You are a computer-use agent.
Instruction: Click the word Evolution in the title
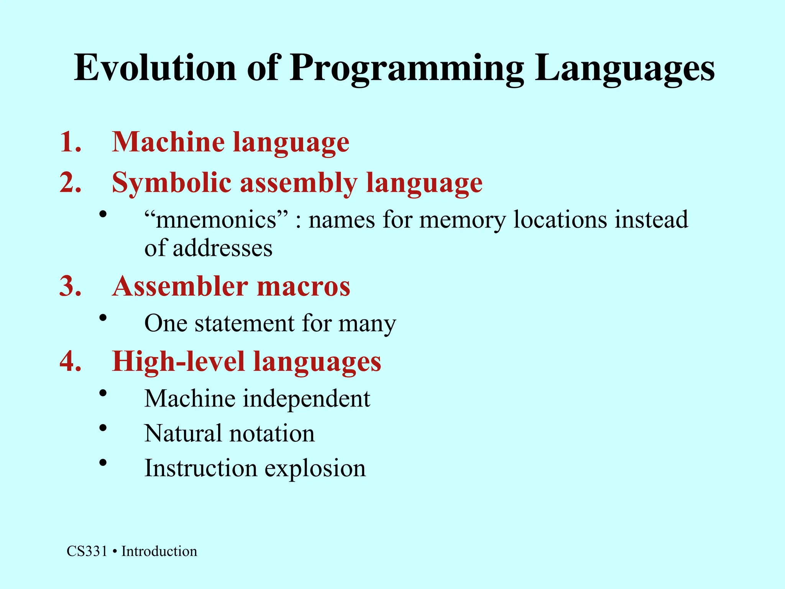tap(155, 68)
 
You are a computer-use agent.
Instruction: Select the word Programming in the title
tap(406, 68)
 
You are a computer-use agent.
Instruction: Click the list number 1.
tap(71, 142)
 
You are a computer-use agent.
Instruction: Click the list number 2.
tap(71, 183)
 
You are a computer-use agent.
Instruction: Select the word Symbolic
tap(171, 183)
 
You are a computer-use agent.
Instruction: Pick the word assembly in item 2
tap(298, 183)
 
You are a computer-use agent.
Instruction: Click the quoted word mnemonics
tap(216, 220)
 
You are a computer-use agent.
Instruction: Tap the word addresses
tap(222, 248)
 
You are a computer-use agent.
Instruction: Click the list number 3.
tap(71, 286)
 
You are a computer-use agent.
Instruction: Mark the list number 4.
tap(71, 361)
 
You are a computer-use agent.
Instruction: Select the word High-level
tap(178, 361)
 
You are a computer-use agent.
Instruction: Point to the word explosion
tap(315, 468)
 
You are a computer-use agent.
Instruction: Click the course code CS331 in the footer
tap(87, 551)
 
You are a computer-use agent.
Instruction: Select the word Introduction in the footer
tap(159, 551)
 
